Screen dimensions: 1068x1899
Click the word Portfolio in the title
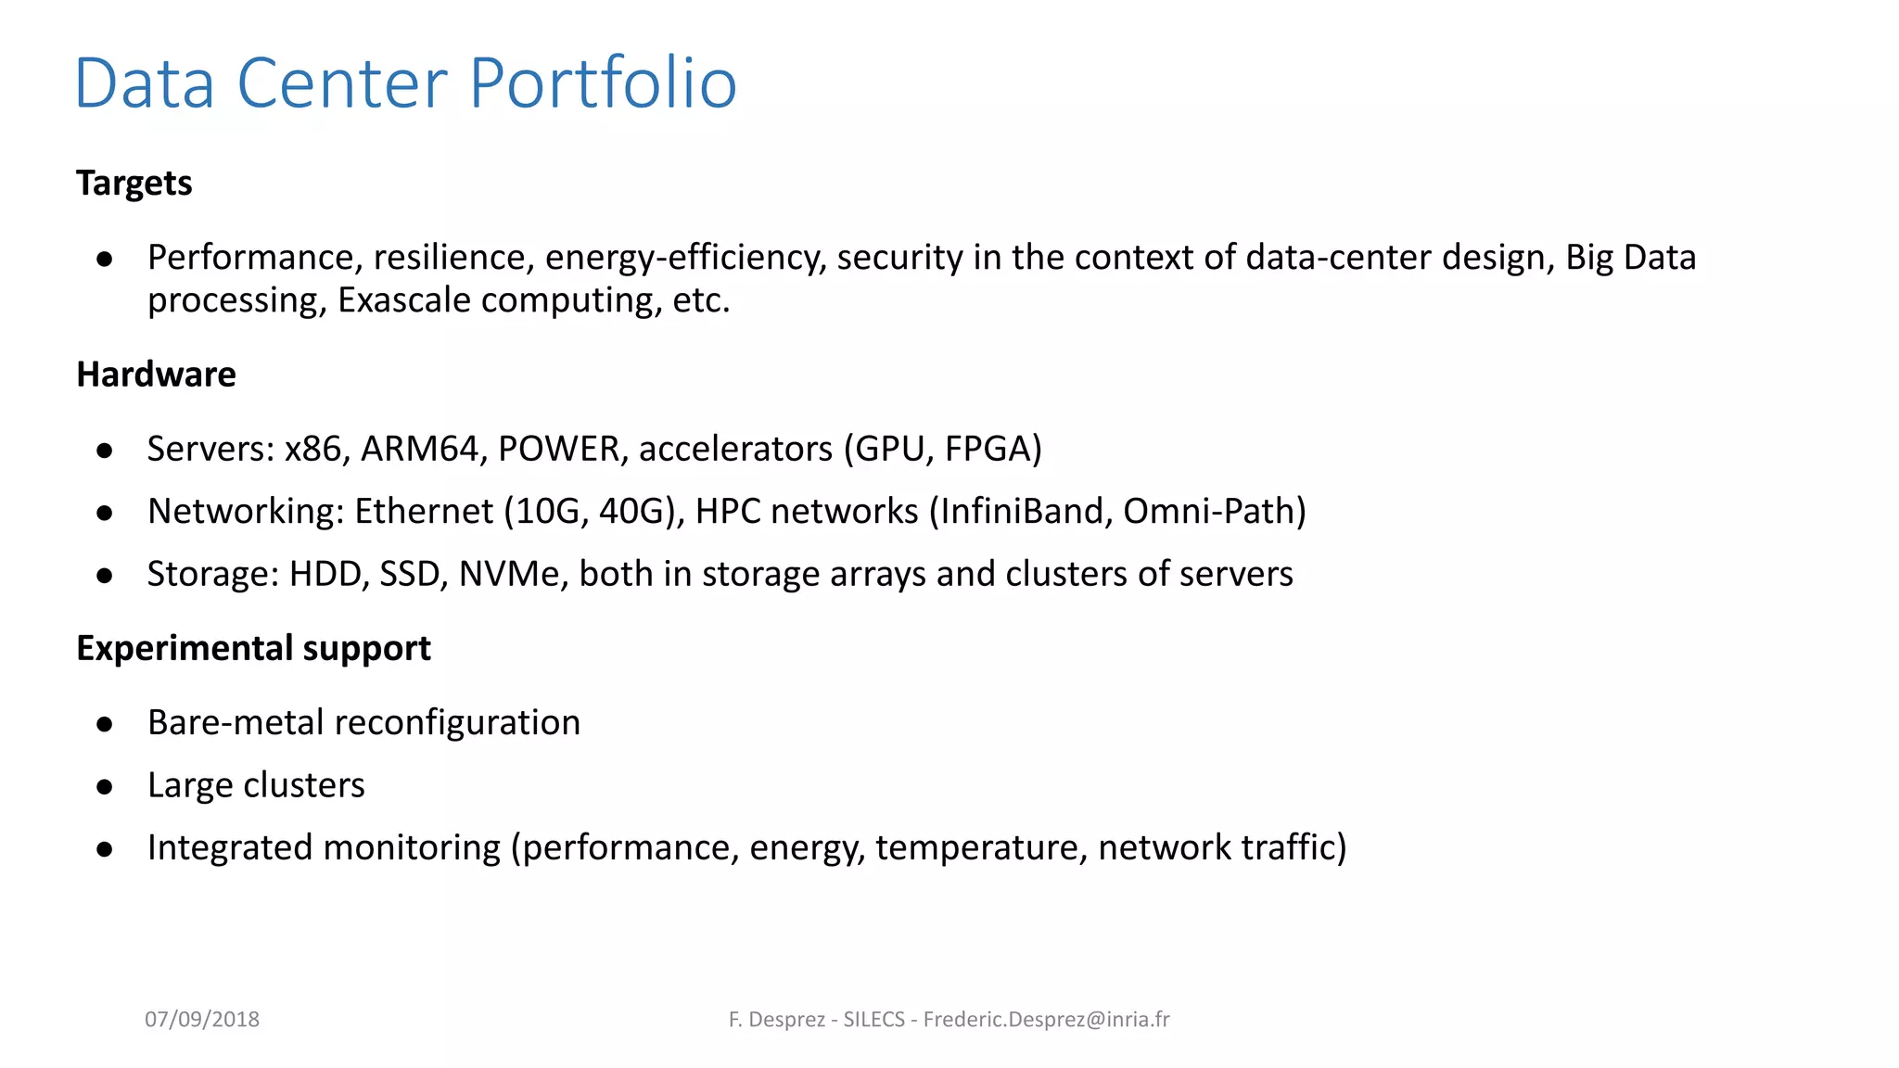click(x=603, y=83)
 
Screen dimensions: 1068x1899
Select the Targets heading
click(x=134, y=184)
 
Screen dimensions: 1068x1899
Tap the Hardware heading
click(x=156, y=375)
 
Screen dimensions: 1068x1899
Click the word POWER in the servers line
click(x=558, y=449)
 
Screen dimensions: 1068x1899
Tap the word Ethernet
click(x=424, y=511)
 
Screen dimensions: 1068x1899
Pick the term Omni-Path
click(x=1209, y=511)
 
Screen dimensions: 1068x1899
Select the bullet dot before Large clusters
click(x=105, y=787)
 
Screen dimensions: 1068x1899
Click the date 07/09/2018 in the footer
click(x=202, y=1019)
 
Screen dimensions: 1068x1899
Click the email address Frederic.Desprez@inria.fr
click(x=1046, y=1019)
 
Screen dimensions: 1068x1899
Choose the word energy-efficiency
click(x=684, y=258)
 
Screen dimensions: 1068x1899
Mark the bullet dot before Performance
click(x=105, y=260)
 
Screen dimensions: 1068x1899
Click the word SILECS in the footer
click(x=873, y=1019)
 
